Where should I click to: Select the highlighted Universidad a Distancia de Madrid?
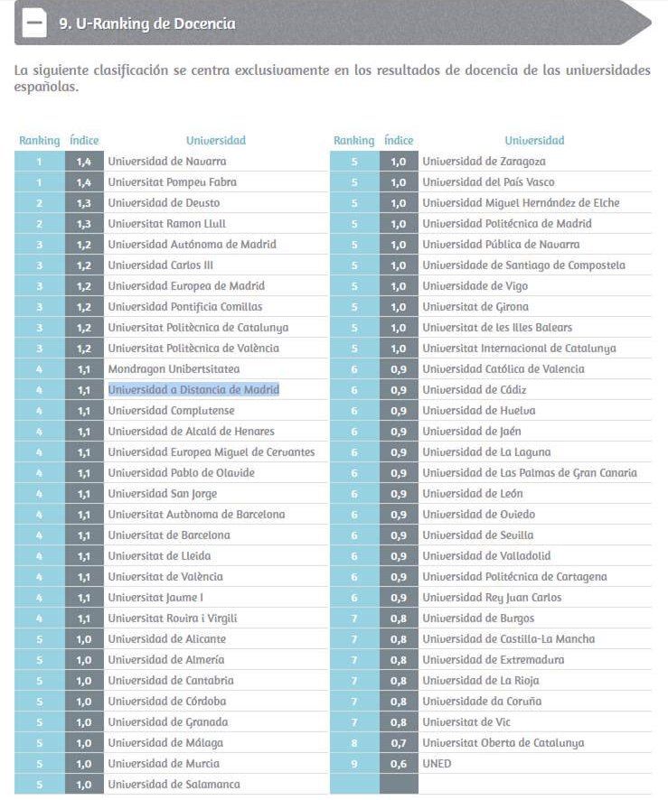193,390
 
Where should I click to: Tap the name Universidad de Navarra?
167,162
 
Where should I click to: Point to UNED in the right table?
437,764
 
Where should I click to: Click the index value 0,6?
399,764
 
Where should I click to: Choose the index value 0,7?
399,743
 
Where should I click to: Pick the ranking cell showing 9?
354,764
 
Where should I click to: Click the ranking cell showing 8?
354,743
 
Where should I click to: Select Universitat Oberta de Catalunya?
503,743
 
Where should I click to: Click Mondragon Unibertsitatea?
174,369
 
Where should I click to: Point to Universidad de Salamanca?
174,785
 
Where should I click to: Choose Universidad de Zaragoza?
485,162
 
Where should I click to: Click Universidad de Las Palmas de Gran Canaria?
530,473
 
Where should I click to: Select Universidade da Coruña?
482,702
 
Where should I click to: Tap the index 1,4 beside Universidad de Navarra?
84,162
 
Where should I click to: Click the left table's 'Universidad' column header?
216,141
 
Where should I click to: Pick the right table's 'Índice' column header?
399,141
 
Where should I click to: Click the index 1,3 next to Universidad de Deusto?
84,203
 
